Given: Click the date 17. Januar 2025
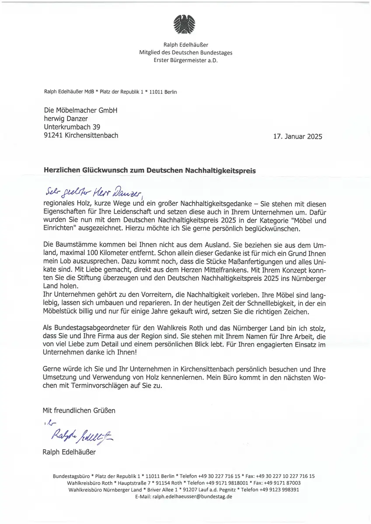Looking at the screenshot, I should [297, 137].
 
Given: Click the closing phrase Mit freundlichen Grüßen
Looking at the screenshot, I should [79, 410].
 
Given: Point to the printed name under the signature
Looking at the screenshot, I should [69, 452].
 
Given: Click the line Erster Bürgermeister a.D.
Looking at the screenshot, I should [185, 60].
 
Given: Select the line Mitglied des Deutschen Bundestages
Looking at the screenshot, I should [185, 52].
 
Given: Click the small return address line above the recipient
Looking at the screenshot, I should [111, 92].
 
